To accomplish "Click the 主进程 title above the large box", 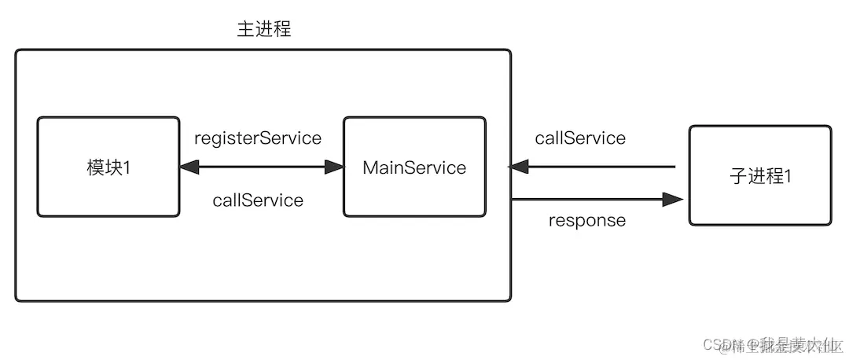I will [x=264, y=30].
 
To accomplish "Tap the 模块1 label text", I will [x=108, y=167].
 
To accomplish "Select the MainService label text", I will [x=414, y=167].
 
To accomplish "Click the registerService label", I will [x=258, y=138].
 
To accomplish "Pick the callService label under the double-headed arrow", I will [x=258, y=200].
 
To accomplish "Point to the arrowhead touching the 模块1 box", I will [x=189, y=167].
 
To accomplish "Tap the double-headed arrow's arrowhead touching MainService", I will [x=334, y=167].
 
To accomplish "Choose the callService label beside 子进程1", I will [x=580, y=138].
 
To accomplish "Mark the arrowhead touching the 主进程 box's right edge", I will [x=520, y=167].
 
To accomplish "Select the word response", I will [x=587, y=220].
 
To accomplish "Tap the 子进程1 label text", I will [x=760, y=176].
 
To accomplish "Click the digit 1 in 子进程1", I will [x=786, y=176].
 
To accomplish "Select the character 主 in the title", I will [x=246, y=30].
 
